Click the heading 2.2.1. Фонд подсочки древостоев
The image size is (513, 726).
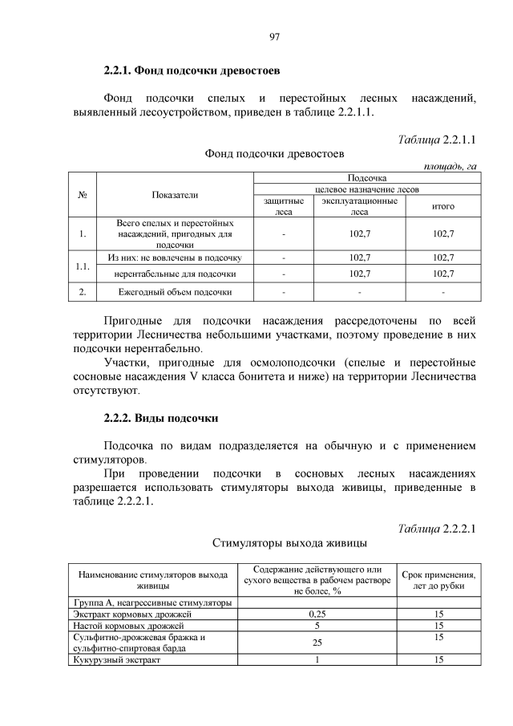pyautogui.click(x=192, y=71)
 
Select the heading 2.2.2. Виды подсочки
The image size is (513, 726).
pyautogui.click(x=161, y=419)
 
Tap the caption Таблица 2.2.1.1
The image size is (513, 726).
pyautogui.click(x=437, y=140)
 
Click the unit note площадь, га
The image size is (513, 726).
pyautogui.click(x=449, y=166)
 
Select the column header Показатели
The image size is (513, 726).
pyautogui.click(x=175, y=194)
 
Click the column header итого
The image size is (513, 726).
pyautogui.click(x=443, y=206)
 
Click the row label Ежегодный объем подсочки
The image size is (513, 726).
pyautogui.click(x=175, y=292)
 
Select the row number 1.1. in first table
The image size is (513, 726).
pyautogui.click(x=83, y=266)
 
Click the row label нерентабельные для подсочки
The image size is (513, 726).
pyautogui.click(x=175, y=274)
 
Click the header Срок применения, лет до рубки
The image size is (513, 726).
pyautogui.click(x=438, y=581)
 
